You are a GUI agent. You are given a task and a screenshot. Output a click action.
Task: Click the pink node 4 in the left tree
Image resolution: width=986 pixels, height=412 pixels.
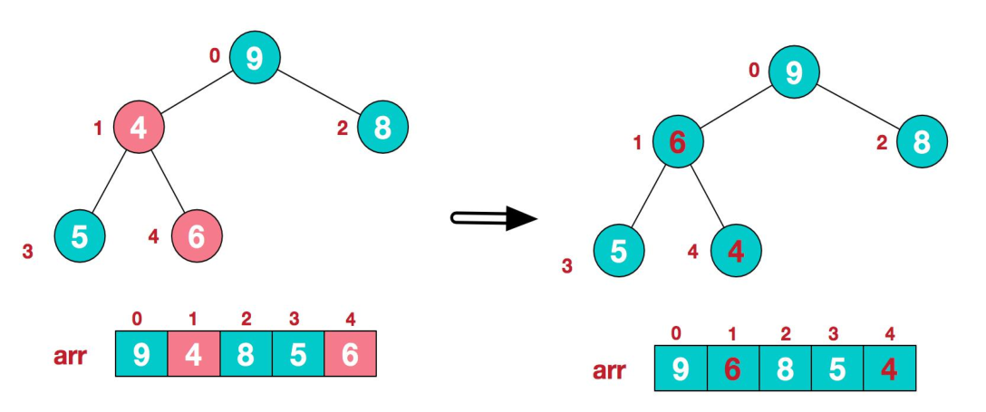point(139,128)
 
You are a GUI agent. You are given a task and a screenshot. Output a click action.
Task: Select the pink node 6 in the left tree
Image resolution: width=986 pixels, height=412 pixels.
point(197,236)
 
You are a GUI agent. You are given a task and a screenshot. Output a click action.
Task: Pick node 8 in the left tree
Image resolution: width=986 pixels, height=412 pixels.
point(383,128)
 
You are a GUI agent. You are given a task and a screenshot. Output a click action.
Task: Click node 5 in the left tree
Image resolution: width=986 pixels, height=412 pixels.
point(80,236)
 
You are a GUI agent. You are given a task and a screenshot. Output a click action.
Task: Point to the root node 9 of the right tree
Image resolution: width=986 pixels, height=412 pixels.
point(794,72)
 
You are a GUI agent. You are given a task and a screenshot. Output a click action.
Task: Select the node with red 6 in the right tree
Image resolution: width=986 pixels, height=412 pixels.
point(677,141)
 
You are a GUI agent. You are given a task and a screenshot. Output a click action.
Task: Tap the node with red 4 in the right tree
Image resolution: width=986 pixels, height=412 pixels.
point(735,249)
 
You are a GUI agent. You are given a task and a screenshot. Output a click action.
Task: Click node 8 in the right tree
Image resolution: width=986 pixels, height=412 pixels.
point(922,141)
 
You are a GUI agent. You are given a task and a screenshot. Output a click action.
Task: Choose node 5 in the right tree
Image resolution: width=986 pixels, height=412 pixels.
point(619,249)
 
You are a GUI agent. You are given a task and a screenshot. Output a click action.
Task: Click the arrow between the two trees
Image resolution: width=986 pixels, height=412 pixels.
point(494,217)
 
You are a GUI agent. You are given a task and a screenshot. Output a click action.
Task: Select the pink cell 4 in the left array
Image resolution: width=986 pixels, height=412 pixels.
point(194,353)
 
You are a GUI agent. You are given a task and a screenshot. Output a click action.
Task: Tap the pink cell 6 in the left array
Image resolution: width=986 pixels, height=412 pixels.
point(349,353)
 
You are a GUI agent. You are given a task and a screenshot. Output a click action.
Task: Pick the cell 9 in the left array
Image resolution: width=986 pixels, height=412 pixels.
point(142,353)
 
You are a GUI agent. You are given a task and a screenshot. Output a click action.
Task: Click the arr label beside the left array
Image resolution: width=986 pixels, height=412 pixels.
point(70,355)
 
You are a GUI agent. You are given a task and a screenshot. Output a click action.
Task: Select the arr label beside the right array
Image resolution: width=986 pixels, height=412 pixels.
point(611,370)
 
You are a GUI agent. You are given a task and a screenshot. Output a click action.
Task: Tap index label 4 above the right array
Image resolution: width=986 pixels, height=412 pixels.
point(889,333)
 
